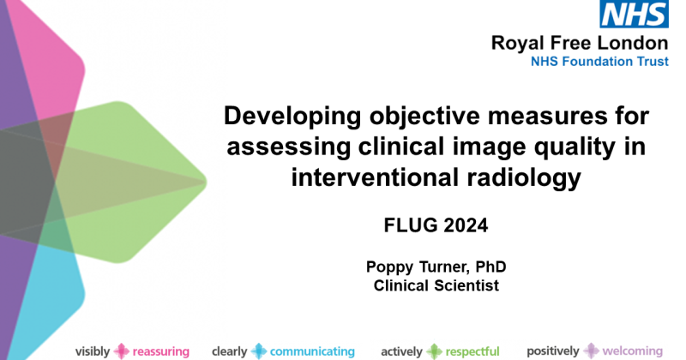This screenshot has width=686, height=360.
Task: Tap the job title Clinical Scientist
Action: [x=436, y=286]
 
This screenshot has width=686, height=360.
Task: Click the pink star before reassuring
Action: [x=122, y=351]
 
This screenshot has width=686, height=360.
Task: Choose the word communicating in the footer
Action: [x=312, y=351]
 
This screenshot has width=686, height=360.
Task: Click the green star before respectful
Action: [x=435, y=351]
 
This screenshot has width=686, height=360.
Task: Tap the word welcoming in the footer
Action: [x=631, y=351]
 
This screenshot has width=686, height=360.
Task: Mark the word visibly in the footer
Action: [x=93, y=351]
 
